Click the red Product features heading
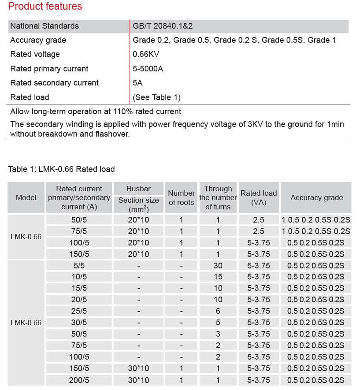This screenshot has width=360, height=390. pyautogui.click(x=45, y=7)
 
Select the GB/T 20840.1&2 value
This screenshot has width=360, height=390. pyautogui.click(x=163, y=26)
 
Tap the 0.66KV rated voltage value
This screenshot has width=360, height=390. pyautogui.click(x=146, y=54)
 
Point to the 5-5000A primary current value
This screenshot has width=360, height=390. pyautogui.click(x=148, y=69)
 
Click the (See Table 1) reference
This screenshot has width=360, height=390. pyautogui.click(x=156, y=97)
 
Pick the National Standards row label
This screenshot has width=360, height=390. pyautogui.click(x=45, y=26)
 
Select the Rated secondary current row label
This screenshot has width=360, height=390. pyautogui.click(x=54, y=83)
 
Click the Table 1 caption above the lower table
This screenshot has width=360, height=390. pyautogui.click(x=61, y=169)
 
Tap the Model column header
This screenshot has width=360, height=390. pyautogui.click(x=26, y=198)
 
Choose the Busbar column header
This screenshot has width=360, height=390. pyautogui.click(x=138, y=189)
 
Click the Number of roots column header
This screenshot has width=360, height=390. pyautogui.click(x=181, y=198)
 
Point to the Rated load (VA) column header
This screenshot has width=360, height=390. pyautogui.click(x=259, y=198)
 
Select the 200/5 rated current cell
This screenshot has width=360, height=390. pyautogui.click(x=79, y=380)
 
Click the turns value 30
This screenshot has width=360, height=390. pyautogui.click(x=218, y=265)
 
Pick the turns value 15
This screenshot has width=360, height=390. pyautogui.click(x=218, y=277)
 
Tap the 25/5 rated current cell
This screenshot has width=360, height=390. pyautogui.click(x=79, y=311)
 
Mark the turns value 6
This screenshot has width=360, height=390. pyautogui.click(x=218, y=311)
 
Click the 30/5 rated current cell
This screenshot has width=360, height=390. pyautogui.click(x=79, y=323)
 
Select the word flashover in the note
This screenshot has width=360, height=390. pyautogui.click(x=113, y=134)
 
